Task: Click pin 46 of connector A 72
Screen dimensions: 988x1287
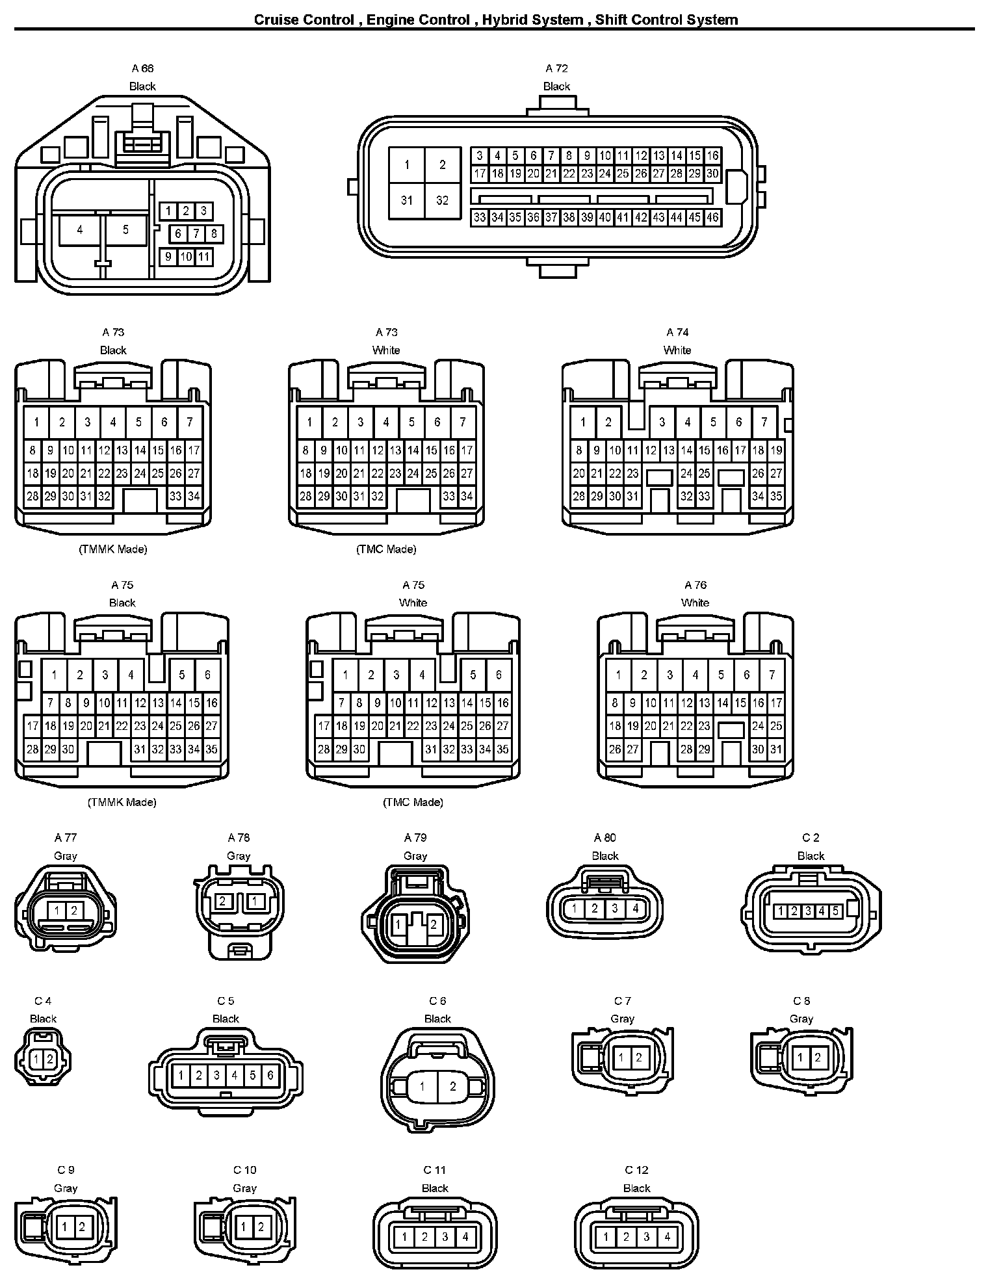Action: click(x=712, y=218)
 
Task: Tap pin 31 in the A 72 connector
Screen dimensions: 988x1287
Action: click(x=407, y=200)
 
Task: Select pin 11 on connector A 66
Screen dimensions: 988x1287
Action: click(x=203, y=257)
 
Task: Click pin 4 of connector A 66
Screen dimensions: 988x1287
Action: click(x=80, y=230)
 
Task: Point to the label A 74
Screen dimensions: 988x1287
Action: click(x=677, y=332)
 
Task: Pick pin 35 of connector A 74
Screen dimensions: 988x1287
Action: click(x=776, y=497)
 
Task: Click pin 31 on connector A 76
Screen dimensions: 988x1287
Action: click(x=776, y=749)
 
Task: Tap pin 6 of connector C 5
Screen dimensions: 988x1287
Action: click(x=270, y=1076)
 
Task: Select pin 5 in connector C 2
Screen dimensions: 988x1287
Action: click(x=835, y=911)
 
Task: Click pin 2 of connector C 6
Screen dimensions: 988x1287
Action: click(x=453, y=1086)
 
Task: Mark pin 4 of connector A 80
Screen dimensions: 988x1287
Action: click(x=636, y=909)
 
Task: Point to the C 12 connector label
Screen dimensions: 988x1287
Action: click(x=637, y=1170)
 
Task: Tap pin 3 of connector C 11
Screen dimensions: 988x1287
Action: click(x=445, y=1237)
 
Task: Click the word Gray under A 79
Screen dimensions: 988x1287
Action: click(x=415, y=856)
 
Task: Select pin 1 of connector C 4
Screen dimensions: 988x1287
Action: click(x=37, y=1059)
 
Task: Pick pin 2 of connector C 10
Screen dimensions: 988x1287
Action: click(x=261, y=1227)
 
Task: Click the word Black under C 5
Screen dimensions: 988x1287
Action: click(x=226, y=1019)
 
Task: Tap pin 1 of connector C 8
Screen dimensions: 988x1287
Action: click(x=800, y=1058)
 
